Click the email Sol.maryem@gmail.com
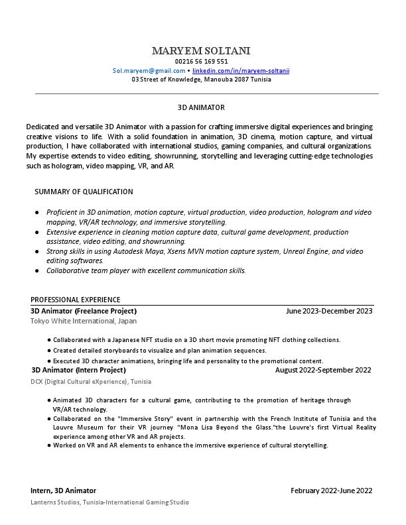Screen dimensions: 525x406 tap(149, 70)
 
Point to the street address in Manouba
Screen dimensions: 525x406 tap(201, 79)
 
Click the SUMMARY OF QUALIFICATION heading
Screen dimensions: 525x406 tap(84, 192)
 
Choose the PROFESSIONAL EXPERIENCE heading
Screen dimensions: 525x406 tap(75, 300)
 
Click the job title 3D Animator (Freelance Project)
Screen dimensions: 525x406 tap(84, 311)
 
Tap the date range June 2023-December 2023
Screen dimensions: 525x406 tap(329, 311)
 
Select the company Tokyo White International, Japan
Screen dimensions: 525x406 tap(84, 321)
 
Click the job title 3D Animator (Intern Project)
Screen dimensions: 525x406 tap(78, 370)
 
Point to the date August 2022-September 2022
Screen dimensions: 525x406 tap(323, 370)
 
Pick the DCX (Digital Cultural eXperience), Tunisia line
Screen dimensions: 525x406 tap(91, 382)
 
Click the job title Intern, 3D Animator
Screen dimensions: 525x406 tap(63, 491)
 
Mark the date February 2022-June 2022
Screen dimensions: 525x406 tap(331, 491)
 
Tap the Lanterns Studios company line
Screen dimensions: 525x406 tap(109, 502)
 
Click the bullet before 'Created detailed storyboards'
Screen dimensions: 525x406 tap(49, 351)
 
